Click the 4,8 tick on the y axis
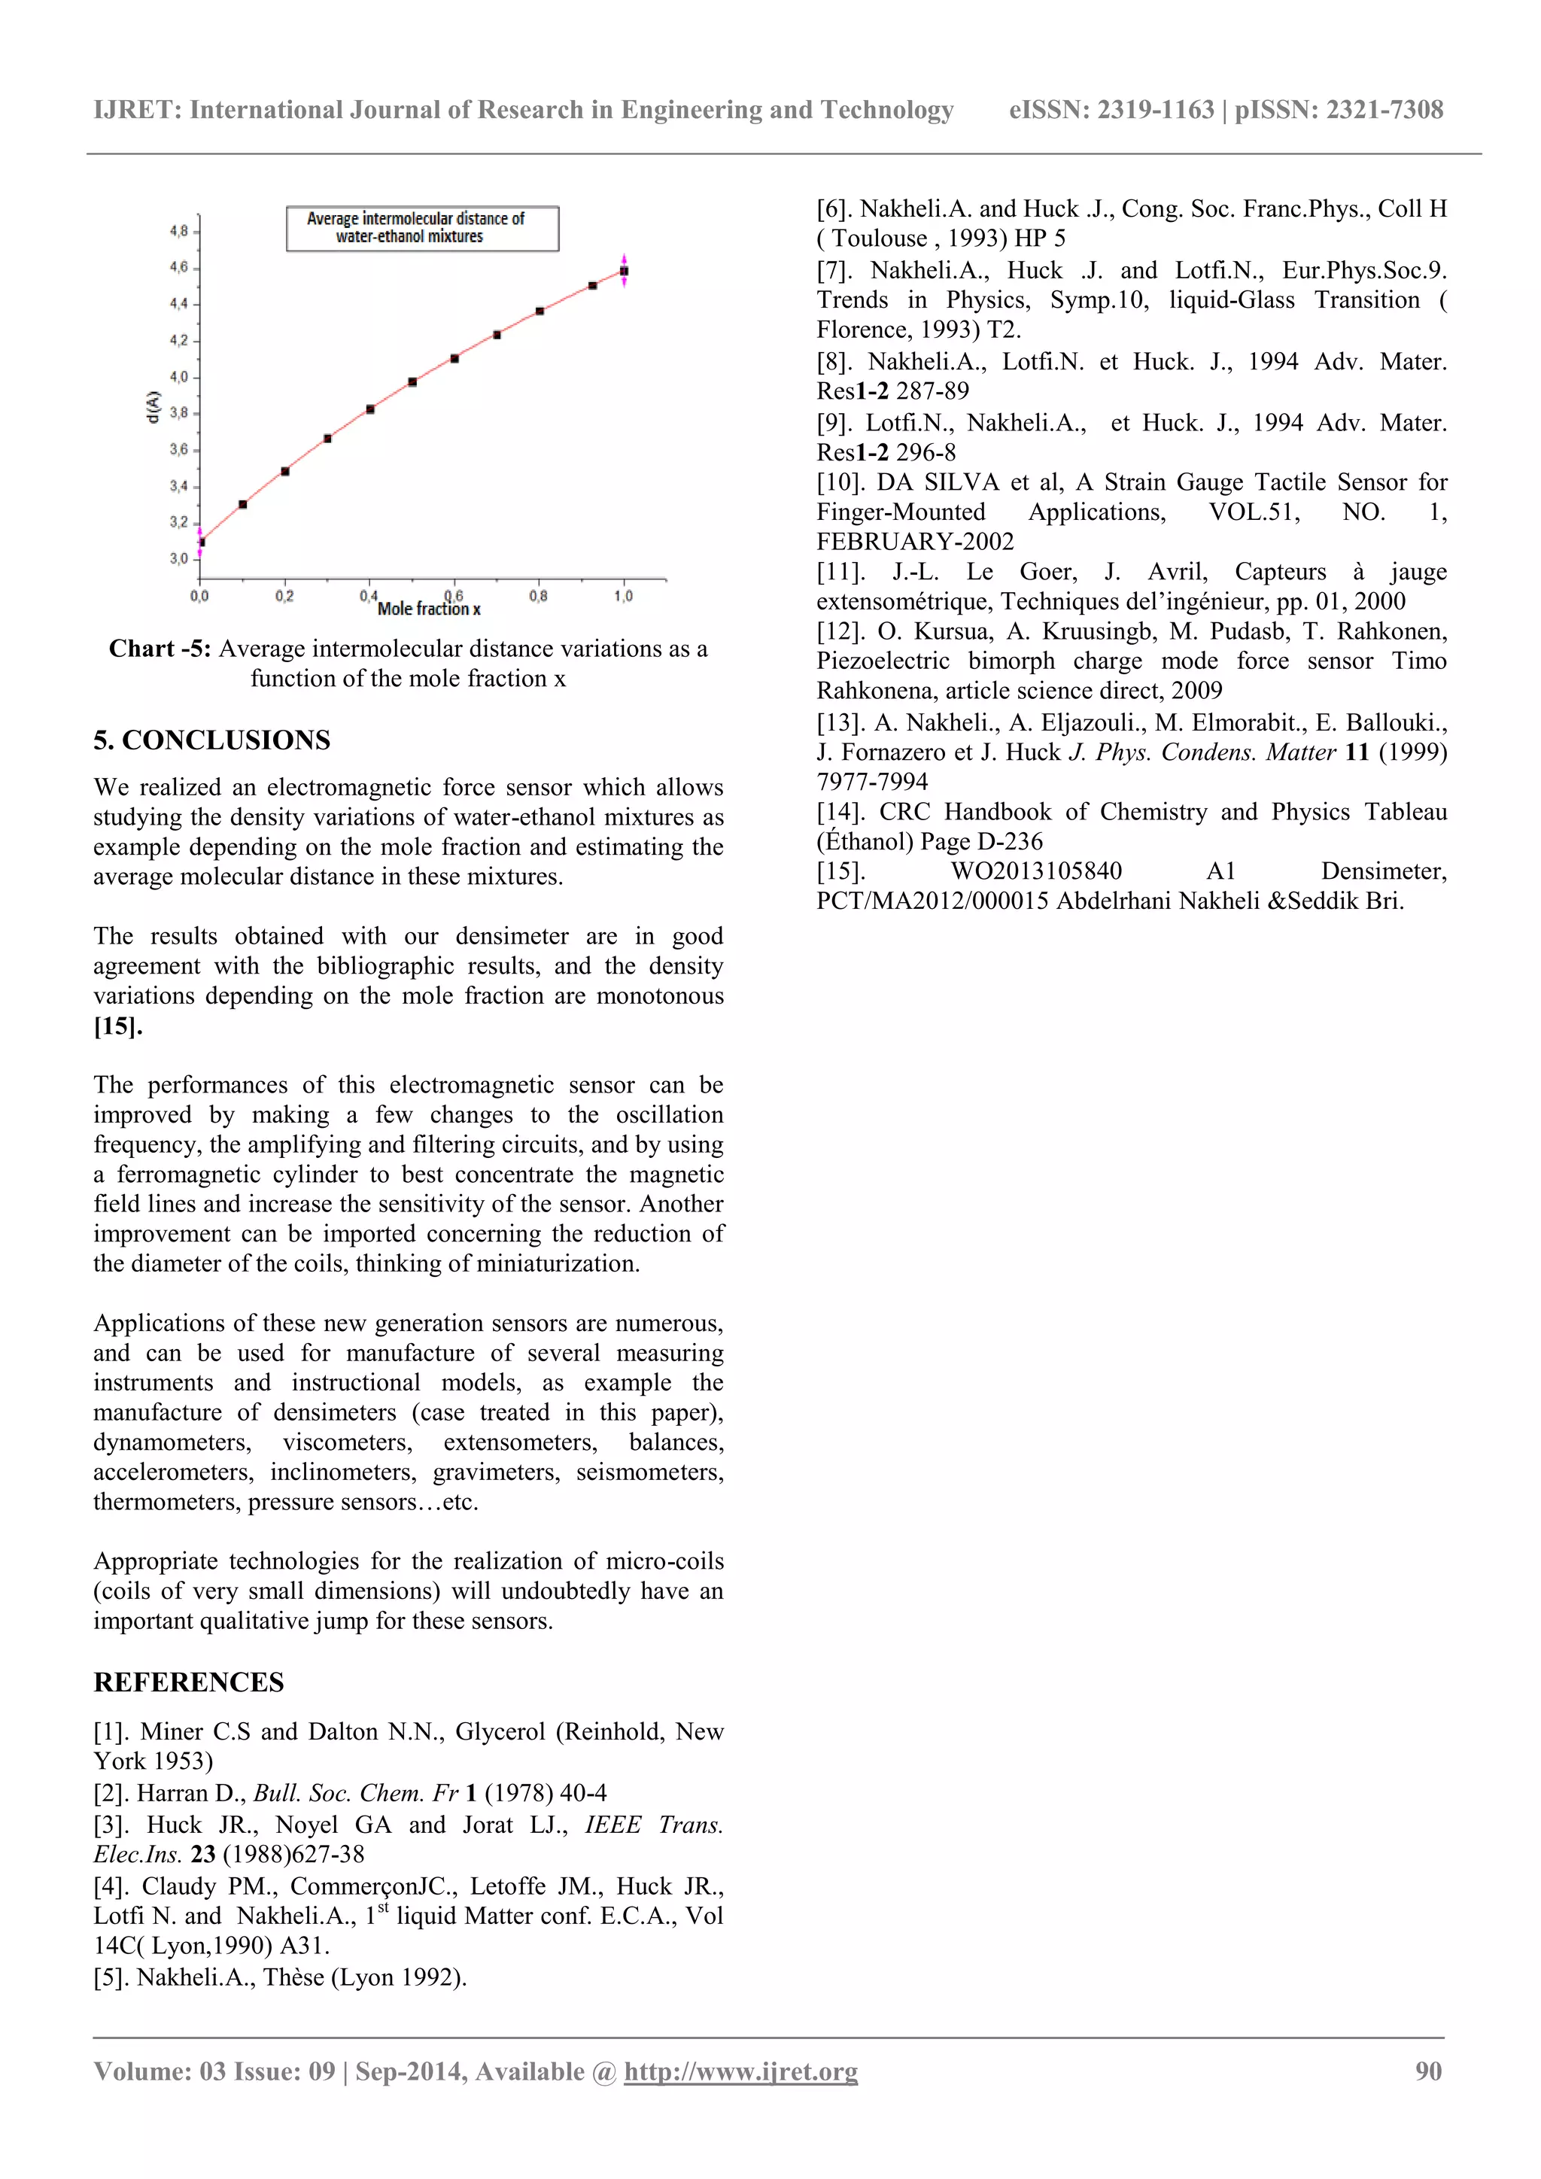tap(178, 231)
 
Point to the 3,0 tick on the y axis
tap(178, 558)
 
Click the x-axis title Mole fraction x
tap(429, 609)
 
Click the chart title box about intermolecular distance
tap(422, 228)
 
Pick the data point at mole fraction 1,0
tap(624, 272)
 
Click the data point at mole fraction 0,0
tap(201, 542)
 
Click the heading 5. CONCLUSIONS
tap(211, 740)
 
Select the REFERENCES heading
tap(189, 1682)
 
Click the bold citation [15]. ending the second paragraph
tap(117, 1026)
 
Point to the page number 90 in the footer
tap(1428, 2071)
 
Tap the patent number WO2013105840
tap(1036, 871)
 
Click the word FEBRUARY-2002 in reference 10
tap(915, 542)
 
